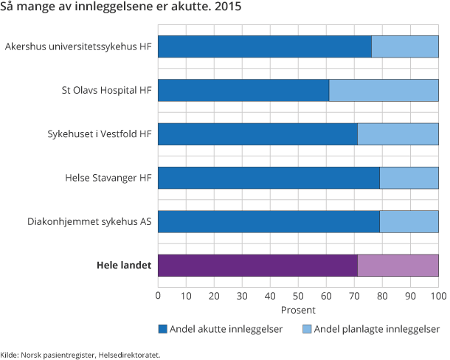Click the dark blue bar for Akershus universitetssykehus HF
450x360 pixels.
[264, 46]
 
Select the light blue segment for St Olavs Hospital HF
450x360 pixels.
[384, 90]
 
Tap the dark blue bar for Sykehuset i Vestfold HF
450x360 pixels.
[257, 134]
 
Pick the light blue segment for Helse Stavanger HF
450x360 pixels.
[409, 178]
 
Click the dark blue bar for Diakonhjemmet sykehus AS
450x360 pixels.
[269, 221]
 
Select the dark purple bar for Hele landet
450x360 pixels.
[257, 266]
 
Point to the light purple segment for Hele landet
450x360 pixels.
[398, 266]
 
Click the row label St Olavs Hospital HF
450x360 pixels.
[106, 90]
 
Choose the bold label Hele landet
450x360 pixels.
[123, 266]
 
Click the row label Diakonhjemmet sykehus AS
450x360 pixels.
[89, 221]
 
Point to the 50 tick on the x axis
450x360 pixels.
[298, 296]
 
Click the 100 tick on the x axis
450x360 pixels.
[438, 296]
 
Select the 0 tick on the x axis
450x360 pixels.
[158, 296]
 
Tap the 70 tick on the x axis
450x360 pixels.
[354, 296]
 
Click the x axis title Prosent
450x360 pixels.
[298, 311]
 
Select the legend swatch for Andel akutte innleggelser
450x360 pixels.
[162, 329]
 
